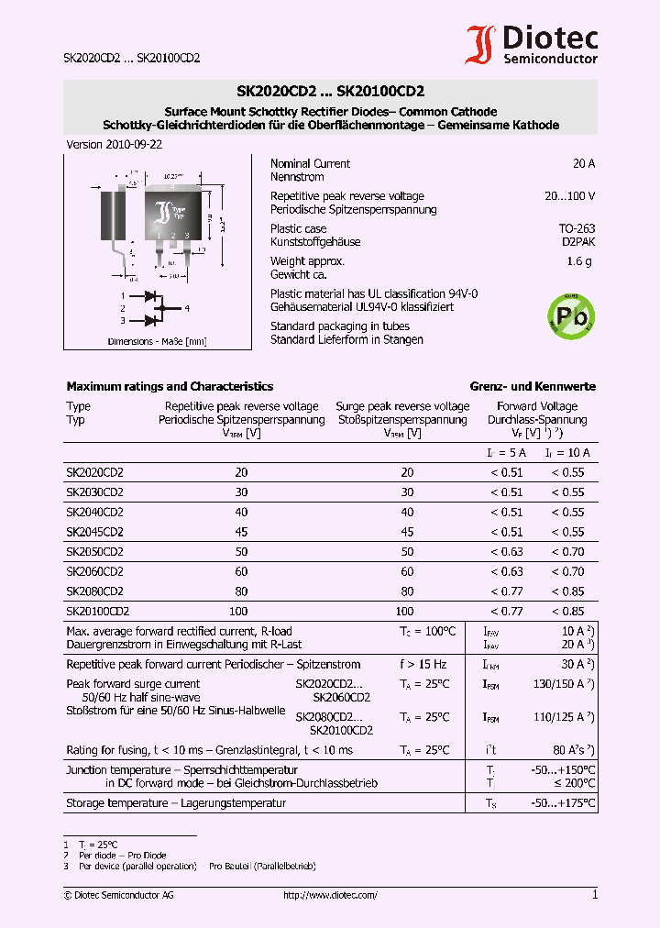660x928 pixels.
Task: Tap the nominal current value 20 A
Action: click(x=583, y=163)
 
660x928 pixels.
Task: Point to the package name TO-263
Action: click(x=577, y=228)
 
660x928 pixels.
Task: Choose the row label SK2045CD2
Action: click(x=94, y=532)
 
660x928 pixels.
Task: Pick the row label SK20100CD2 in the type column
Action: click(x=97, y=611)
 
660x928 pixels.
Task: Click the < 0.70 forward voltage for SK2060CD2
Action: click(x=567, y=571)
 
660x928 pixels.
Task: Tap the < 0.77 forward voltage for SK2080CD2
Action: click(x=506, y=591)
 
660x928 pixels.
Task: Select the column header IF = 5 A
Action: click(x=506, y=453)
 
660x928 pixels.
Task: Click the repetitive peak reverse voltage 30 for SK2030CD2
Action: click(x=241, y=492)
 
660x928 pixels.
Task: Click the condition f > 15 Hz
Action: click(x=423, y=664)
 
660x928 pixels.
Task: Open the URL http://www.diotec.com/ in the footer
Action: click(x=330, y=895)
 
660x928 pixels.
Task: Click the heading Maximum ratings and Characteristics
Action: click(x=170, y=387)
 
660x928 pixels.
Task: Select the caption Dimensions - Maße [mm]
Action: click(x=157, y=341)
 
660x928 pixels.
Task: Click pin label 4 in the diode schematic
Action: click(x=186, y=308)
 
